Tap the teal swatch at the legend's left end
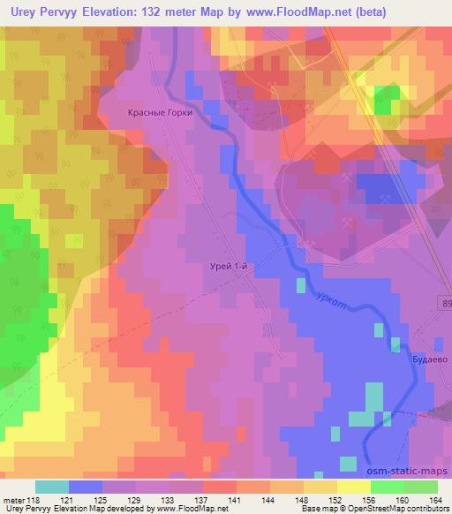(x=52, y=487)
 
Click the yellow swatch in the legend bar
(x=353, y=487)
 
